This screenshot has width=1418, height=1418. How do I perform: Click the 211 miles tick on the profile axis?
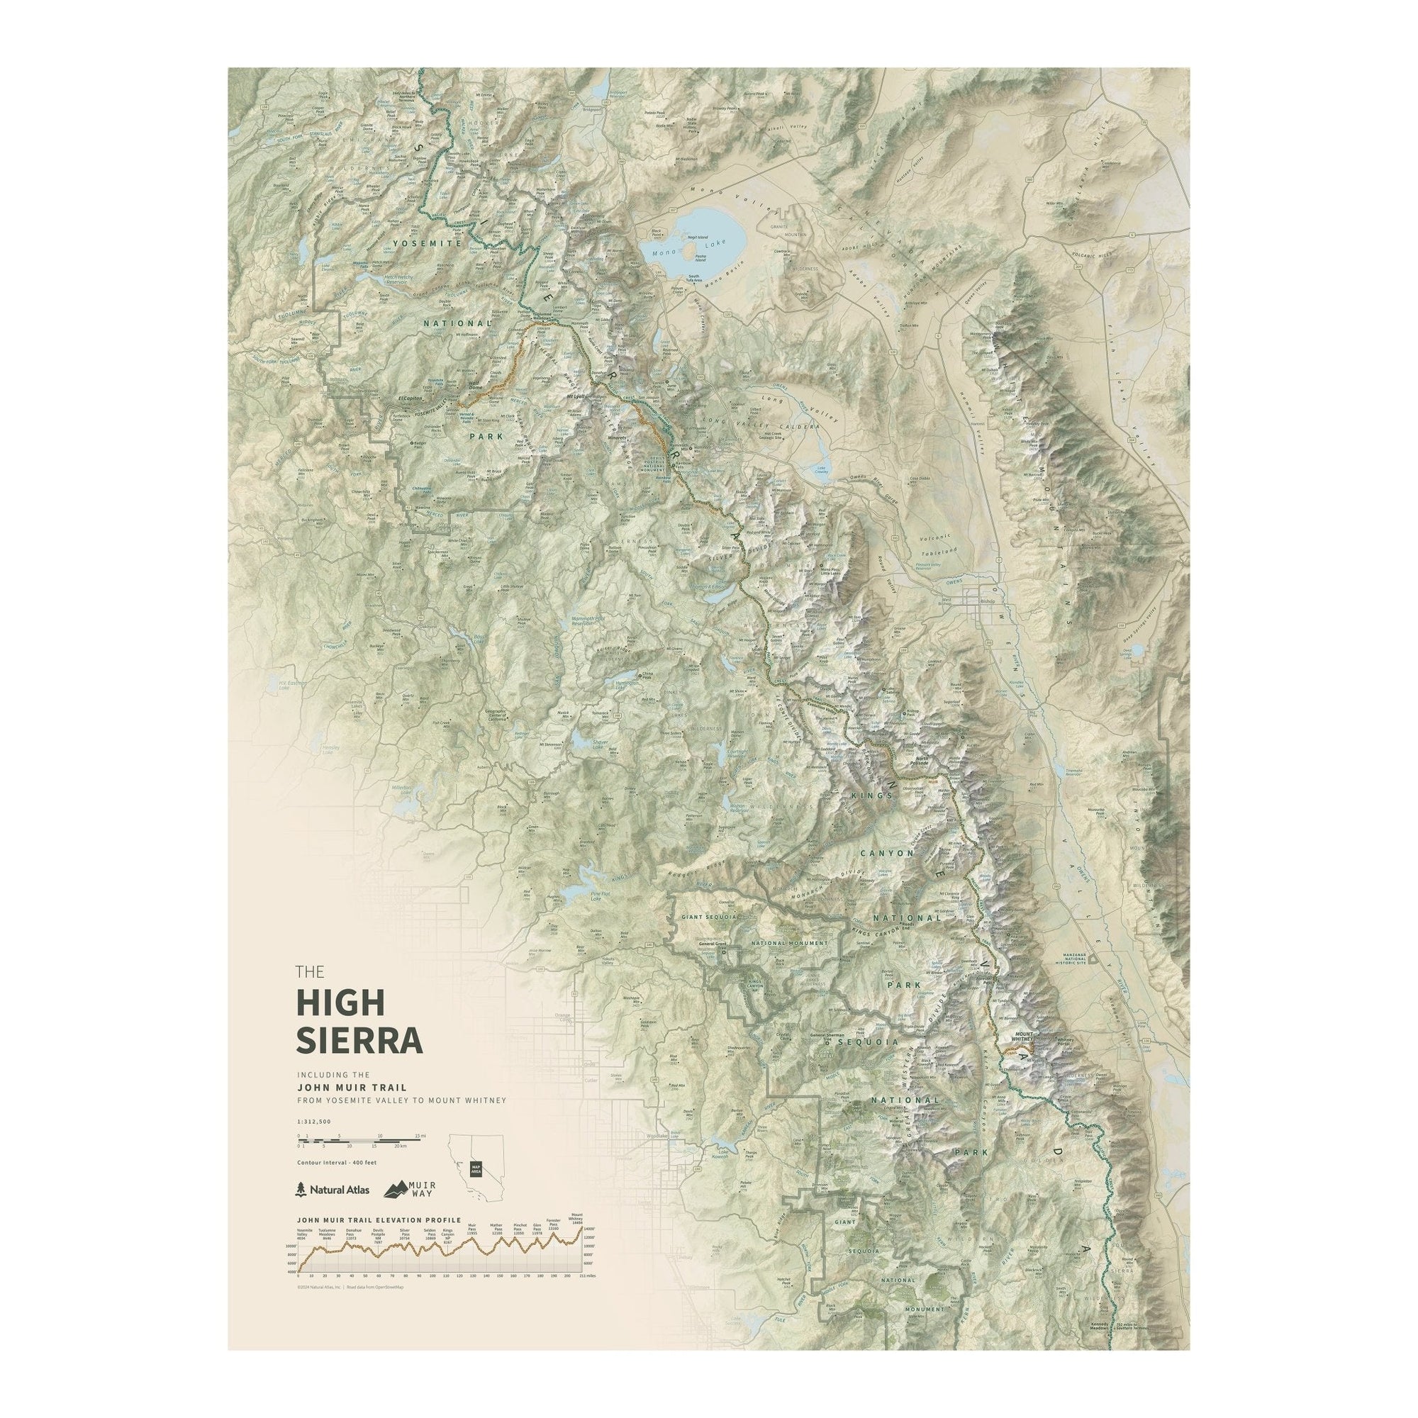582,1296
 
